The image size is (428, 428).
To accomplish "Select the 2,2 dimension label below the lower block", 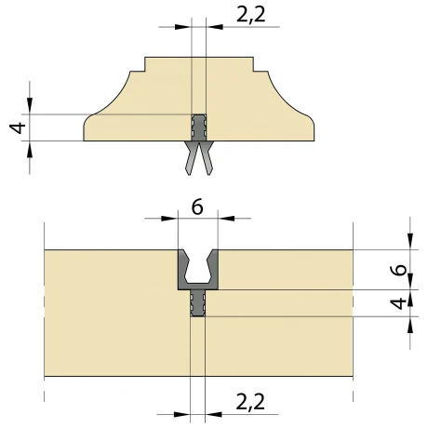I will pyautogui.click(x=250, y=402).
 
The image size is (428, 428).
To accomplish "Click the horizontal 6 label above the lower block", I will pyautogui.click(x=197, y=206).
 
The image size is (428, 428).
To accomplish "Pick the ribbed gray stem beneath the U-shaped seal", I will pyautogui.click(x=197, y=303).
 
